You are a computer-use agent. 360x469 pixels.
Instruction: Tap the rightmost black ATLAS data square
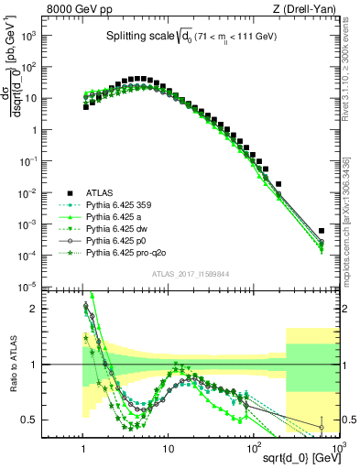(x=322, y=231)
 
